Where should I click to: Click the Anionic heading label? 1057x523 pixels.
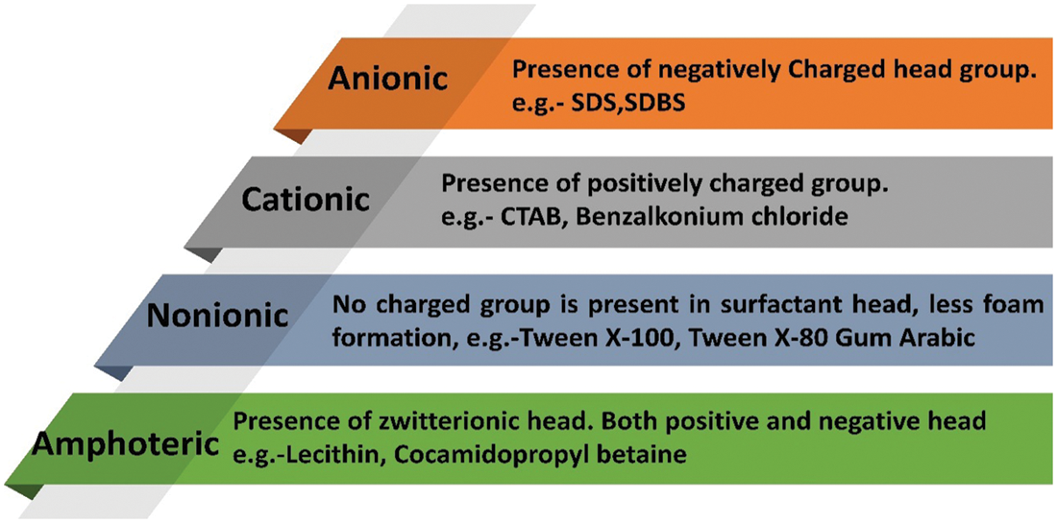[387, 79]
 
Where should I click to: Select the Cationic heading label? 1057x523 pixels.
[307, 200]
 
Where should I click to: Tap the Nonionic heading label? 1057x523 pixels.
[218, 316]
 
